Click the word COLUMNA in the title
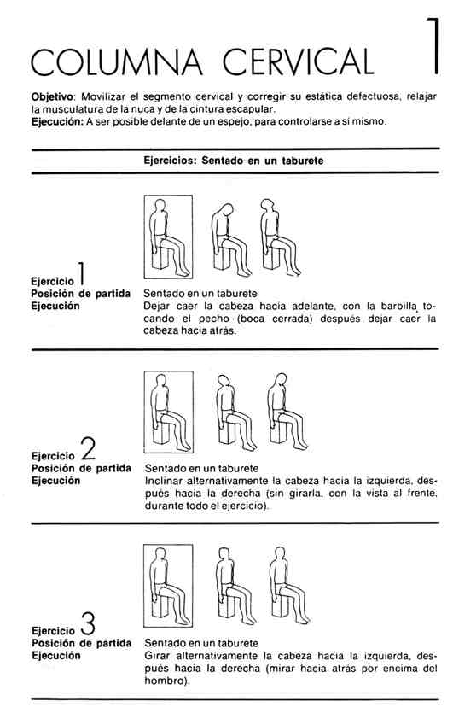[x=117, y=61]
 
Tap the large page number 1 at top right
[x=433, y=46]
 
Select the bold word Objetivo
[x=52, y=97]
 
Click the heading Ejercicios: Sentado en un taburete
[x=233, y=161]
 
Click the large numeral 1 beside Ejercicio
[x=80, y=273]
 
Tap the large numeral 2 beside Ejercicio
[x=88, y=448]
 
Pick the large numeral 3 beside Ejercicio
[x=88, y=623]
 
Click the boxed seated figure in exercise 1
[x=168, y=237]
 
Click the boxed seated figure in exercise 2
[x=168, y=412]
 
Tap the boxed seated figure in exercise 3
[x=168, y=586]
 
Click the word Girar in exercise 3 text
[x=156, y=656]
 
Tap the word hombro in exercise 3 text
[x=164, y=681]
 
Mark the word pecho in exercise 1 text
[x=214, y=319]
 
